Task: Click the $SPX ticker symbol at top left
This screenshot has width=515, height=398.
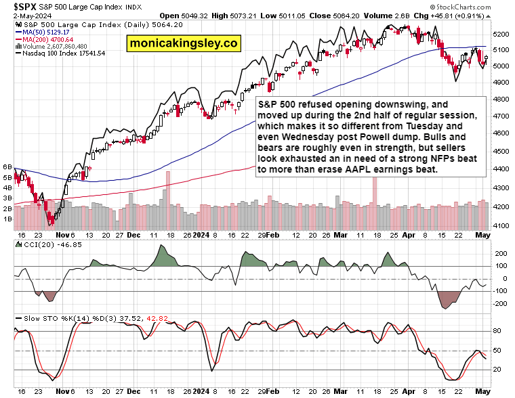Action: click(17, 6)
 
